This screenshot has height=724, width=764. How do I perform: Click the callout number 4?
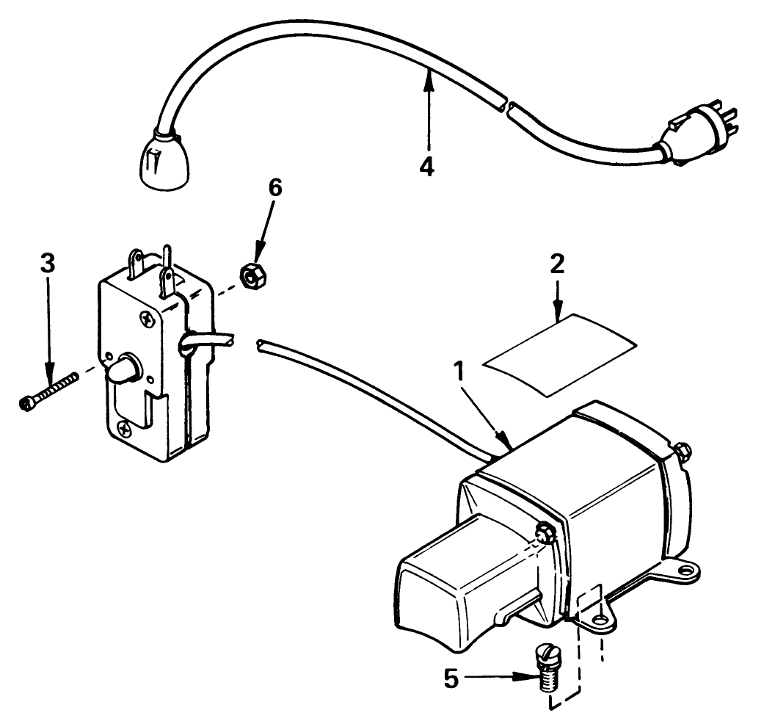[426, 166]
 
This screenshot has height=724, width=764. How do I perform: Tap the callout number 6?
[274, 188]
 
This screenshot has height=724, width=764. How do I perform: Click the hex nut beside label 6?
[251, 278]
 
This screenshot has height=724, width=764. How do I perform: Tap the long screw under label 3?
[48, 390]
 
